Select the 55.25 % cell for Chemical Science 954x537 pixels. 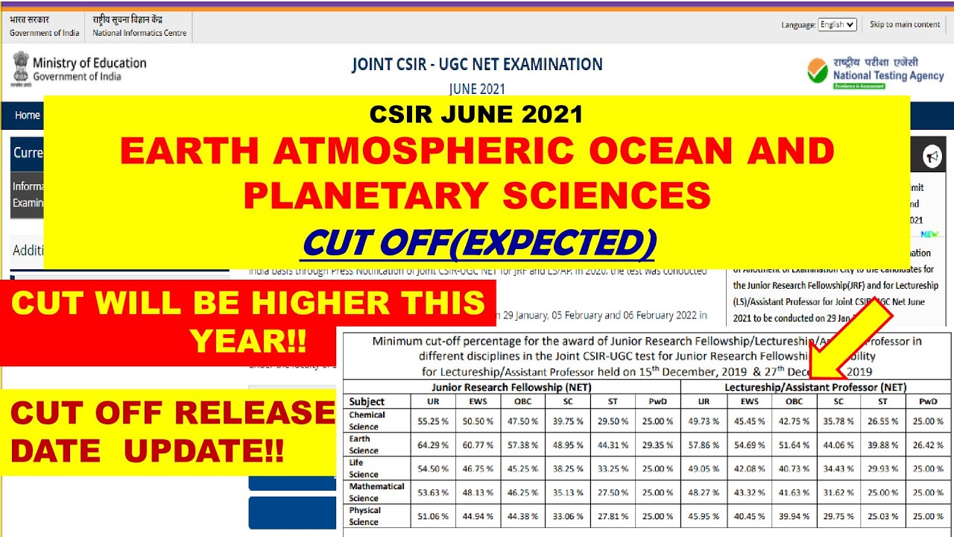434,421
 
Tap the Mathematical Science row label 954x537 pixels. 376,492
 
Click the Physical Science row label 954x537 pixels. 364,516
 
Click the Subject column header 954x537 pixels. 367,402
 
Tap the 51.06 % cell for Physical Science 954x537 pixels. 434,516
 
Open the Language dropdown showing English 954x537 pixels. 838,25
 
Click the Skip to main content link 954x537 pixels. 905,25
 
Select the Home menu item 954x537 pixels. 28,115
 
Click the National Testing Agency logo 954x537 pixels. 875,73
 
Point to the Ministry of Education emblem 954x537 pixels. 21,68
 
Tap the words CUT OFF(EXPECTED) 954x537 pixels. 479,242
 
